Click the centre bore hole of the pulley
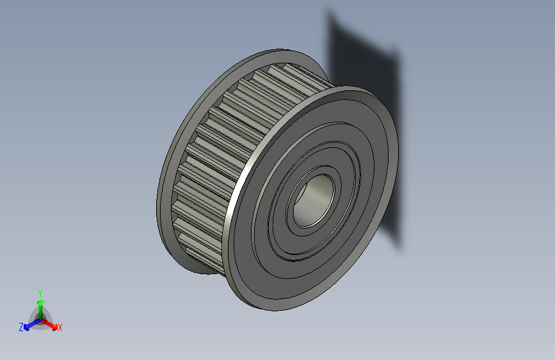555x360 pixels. tap(312, 199)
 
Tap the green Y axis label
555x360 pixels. tap(40, 292)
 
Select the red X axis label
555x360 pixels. tap(60, 327)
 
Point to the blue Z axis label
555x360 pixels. tap(21, 327)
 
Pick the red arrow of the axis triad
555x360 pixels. tap(51, 323)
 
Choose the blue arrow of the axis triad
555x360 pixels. tap(29, 324)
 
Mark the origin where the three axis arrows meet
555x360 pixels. tap(40, 319)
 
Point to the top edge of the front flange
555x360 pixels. tap(358, 90)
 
